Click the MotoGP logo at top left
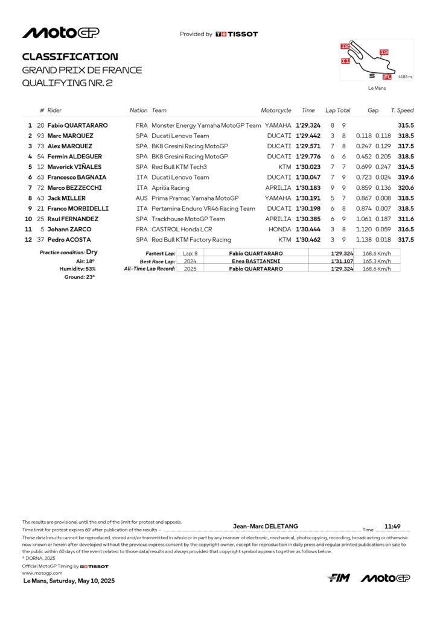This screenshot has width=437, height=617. pyautogui.click(x=61, y=33)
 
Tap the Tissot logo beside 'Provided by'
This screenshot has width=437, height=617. pyautogui.click(x=237, y=34)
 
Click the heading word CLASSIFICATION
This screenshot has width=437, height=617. pyautogui.click(x=70, y=57)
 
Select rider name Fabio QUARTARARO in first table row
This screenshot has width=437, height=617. pyautogui.click(x=78, y=125)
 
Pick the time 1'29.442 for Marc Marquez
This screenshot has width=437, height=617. pyautogui.click(x=308, y=136)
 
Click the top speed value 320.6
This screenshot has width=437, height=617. pyautogui.click(x=406, y=187)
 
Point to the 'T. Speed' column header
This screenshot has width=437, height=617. pyautogui.click(x=402, y=110)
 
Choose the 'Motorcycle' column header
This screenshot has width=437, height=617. pyautogui.click(x=276, y=110)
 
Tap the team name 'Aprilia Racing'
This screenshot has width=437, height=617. pyautogui.click(x=170, y=187)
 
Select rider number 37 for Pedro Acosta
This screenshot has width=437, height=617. pyautogui.click(x=41, y=240)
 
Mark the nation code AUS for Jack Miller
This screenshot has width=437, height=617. pyautogui.click(x=142, y=198)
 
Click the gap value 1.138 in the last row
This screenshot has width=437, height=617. pyautogui.click(x=364, y=240)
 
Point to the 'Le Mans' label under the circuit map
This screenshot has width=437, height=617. pyautogui.click(x=377, y=88)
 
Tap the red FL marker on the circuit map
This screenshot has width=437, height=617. pyautogui.click(x=387, y=77)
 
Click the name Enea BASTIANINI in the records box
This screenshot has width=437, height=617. pyautogui.click(x=256, y=261)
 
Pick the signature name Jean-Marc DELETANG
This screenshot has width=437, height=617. pyautogui.click(x=265, y=526)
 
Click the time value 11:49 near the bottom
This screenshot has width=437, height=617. pyautogui.click(x=393, y=526)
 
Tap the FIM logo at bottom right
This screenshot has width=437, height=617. pyautogui.click(x=339, y=578)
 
